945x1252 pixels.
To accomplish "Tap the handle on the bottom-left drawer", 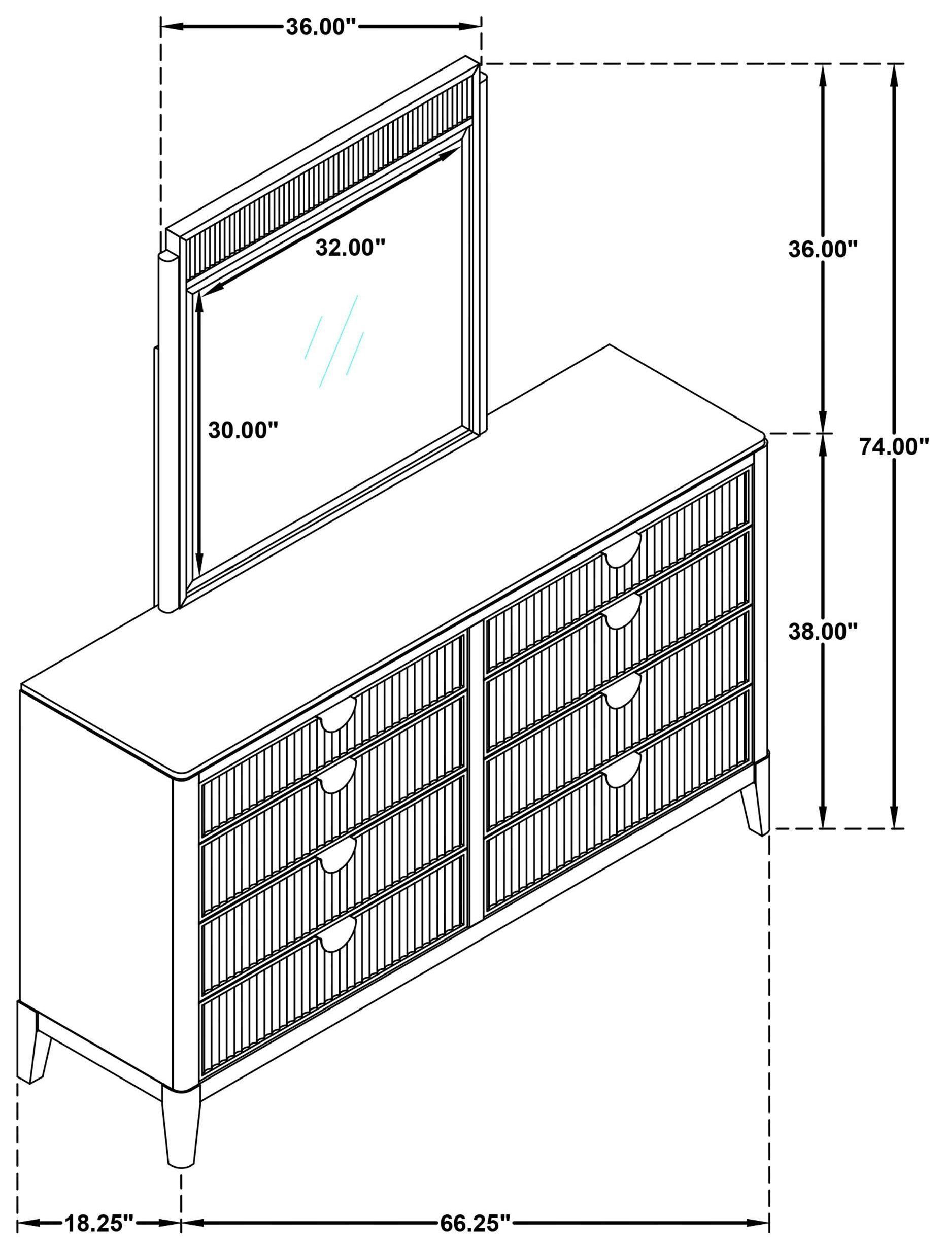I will pos(338,938).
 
